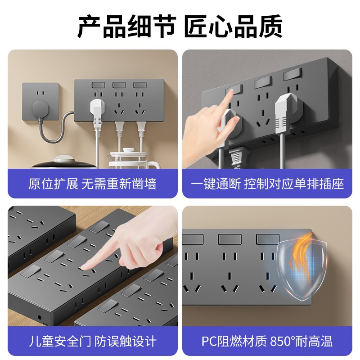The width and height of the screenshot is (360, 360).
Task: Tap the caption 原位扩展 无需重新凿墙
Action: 92,184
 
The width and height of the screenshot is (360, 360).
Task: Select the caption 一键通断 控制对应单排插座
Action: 267,184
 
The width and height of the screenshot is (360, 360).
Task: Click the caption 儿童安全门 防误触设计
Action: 92,341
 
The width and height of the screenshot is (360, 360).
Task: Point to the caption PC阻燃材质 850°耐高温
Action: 267,341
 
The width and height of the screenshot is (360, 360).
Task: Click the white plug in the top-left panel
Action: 97,108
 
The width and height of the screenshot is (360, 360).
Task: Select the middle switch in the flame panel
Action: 229,239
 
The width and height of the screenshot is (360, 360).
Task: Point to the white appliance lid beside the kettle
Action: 63,159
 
